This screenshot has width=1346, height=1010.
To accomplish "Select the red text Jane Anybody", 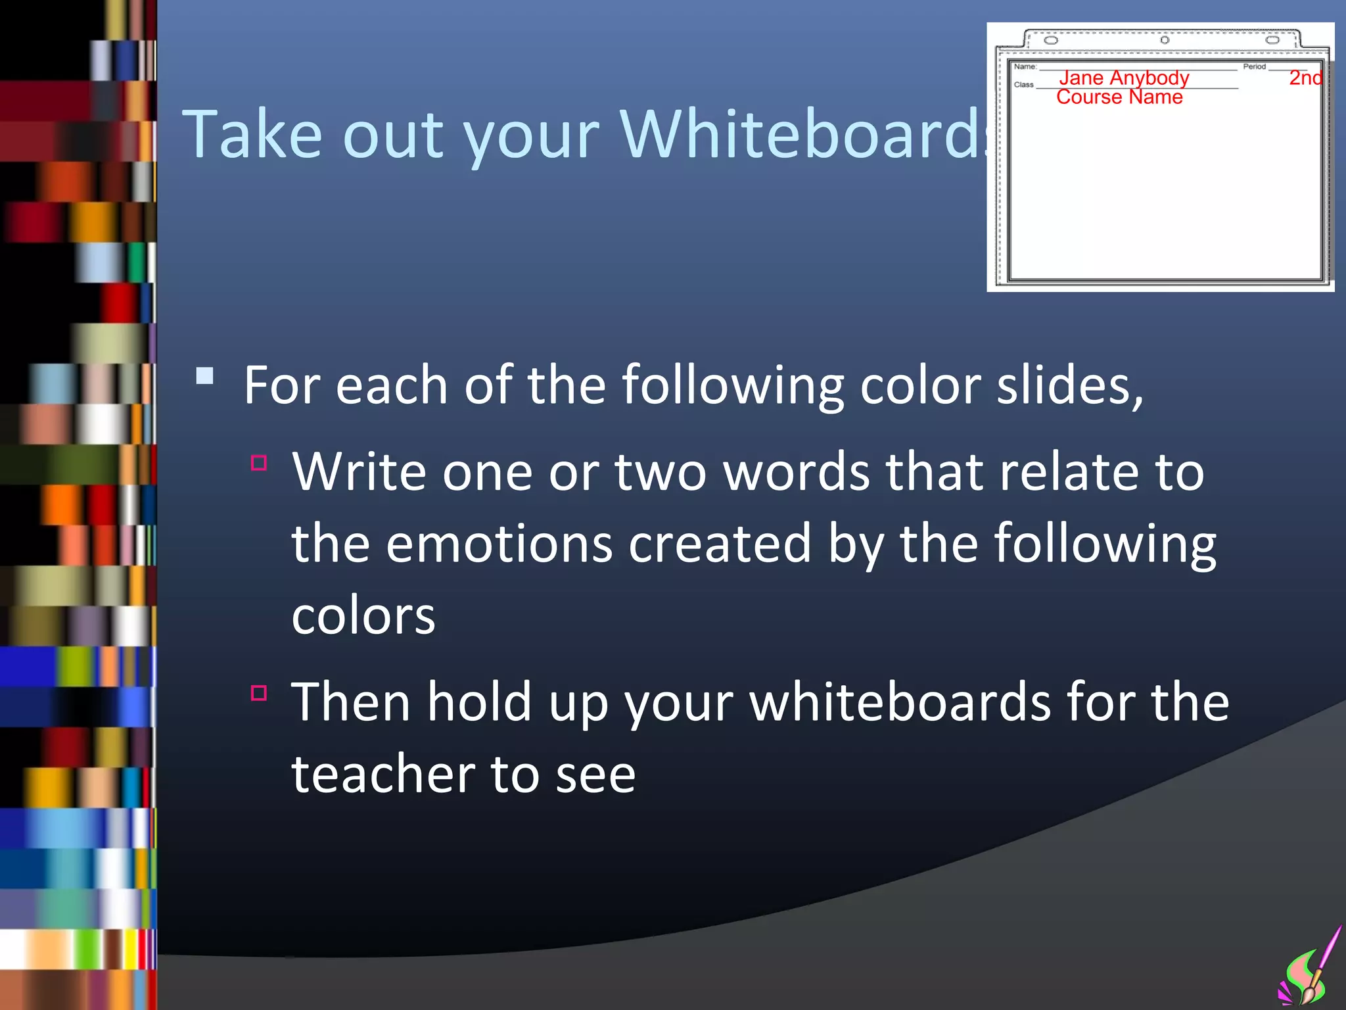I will pyautogui.click(x=1124, y=78).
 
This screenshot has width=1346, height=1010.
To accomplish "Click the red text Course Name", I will pyautogui.click(x=1119, y=97).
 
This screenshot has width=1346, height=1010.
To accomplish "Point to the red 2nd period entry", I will pyautogui.click(x=1305, y=78).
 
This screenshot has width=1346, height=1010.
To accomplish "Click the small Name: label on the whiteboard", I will pyautogui.click(x=1025, y=66).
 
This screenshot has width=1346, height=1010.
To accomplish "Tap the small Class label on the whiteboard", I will pyautogui.click(x=1023, y=85).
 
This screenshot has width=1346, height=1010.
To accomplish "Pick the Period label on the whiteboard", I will pyautogui.click(x=1254, y=66).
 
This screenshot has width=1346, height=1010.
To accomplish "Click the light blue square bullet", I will pyautogui.click(x=205, y=376).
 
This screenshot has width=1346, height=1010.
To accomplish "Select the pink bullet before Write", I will pyautogui.click(x=259, y=463).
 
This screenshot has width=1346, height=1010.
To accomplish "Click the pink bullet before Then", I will pyautogui.click(x=259, y=693).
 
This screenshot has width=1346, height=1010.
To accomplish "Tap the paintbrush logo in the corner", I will pyautogui.click(x=1310, y=970).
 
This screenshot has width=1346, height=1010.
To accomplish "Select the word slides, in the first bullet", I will pyautogui.click(x=1070, y=385).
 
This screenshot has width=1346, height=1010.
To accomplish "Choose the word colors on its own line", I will pyautogui.click(x=363, y=616).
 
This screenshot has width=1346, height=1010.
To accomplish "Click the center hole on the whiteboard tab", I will pyautogui.click(x=1165, y=40).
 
